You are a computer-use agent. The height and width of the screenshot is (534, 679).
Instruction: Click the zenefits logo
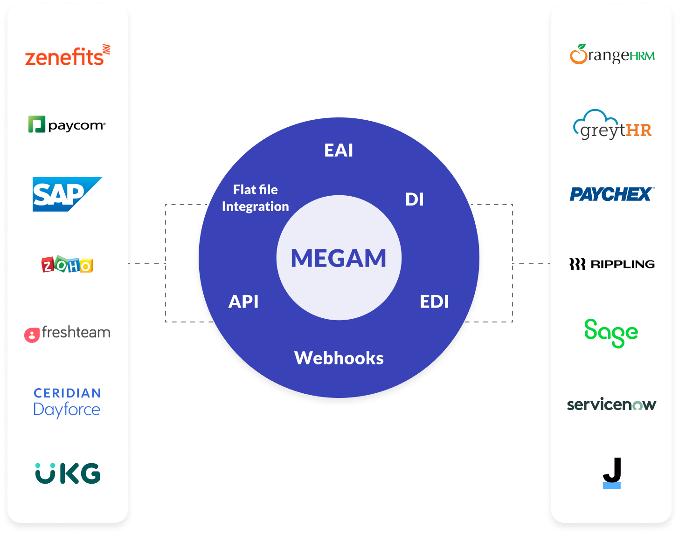pyautogui.click(x=67, y=56)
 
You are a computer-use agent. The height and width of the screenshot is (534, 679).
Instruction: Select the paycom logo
pyautogui.click(x=67, y=125)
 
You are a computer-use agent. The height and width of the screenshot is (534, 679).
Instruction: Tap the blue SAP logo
pyautogui.click(x=67, y=194)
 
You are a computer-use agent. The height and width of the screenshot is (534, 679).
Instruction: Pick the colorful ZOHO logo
pyautogui.click(x=67, y=265)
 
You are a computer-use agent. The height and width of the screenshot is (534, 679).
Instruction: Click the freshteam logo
pyautogui.click(x=67, y=333)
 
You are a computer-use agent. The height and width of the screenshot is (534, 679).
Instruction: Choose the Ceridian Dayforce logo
pyautogui.click(x=67, y=403)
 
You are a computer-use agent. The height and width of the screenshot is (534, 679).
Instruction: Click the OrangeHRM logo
pyautogui.click(x=612, y=55)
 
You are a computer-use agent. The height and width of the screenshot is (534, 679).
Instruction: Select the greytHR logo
pyautogui.click(x=612, y=125)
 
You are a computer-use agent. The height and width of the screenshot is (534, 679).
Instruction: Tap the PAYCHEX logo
pyautogui.click(x=612, y=194)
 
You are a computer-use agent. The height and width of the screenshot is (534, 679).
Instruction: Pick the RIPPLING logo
pyautogui.click(x=612, y=264)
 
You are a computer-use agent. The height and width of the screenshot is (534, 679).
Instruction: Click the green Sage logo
pyautogui.click(x=611, y=333)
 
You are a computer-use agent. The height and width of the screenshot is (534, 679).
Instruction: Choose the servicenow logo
pyautogui.click(x=611, y=404)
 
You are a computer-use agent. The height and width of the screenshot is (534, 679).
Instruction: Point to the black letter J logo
pyautogui.click(x=612, y=473)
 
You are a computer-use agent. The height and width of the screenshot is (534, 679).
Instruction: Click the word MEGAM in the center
pyautogui.click(x=339, y=258)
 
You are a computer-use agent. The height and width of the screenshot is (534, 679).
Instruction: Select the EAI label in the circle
pyautogui.click(x=339, y=151)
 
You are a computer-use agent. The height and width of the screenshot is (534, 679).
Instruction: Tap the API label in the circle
pyautogui.click(x=243, y=302)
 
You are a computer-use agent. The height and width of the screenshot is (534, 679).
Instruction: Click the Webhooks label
pyautogui.click(x=339, y=358)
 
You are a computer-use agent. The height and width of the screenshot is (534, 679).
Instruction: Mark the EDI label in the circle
pyautogui.click(x=434, y=302)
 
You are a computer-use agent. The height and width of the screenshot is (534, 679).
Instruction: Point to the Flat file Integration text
pyautogui.click(x=256, y=198)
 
